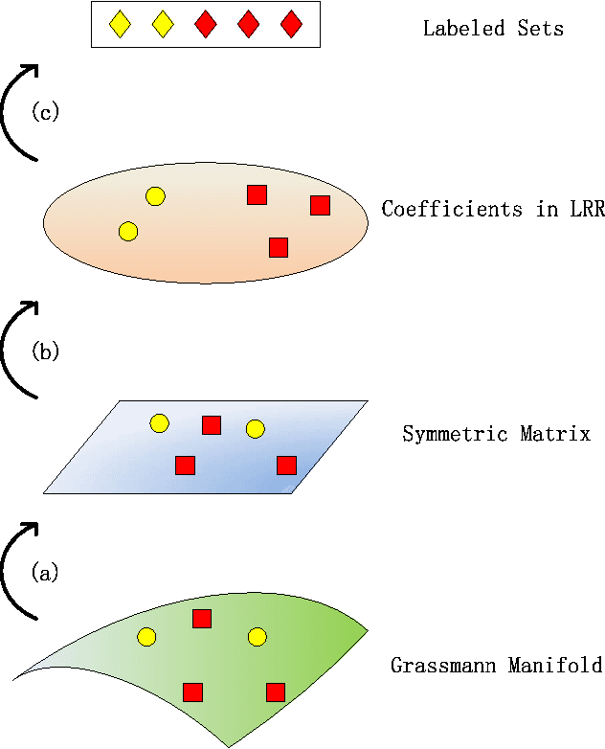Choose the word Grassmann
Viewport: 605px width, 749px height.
click(437, 665)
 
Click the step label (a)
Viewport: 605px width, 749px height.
click(45, 573)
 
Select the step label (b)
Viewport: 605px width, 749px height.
click(45, 352)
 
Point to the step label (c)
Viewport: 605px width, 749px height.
click(45, 112)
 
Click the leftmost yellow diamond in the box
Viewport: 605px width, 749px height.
click(119, 25)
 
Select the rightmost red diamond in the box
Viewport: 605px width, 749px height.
click(291, 25)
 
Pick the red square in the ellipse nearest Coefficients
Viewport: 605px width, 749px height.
click(320, 205)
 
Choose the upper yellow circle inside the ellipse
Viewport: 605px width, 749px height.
click(155, 196)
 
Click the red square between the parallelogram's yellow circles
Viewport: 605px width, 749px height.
click(211, 425)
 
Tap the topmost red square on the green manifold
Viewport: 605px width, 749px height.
click(201, 619)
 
